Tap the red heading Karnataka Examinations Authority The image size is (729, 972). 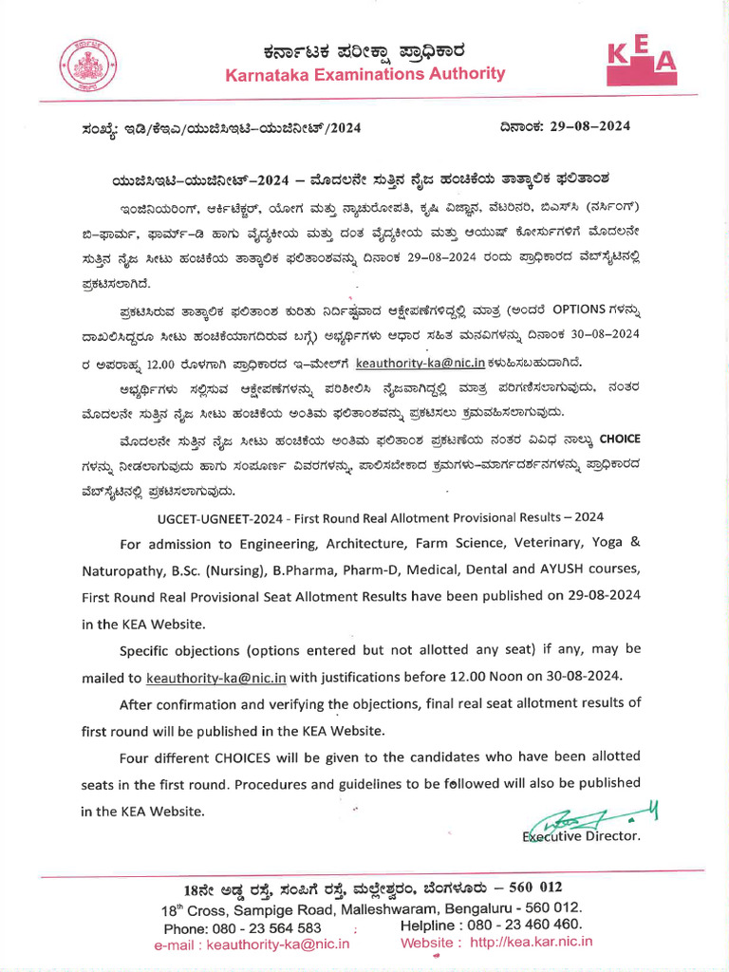(365, 74)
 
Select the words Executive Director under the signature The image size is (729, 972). (581, 836)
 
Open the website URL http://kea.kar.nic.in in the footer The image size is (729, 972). (531, 943)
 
